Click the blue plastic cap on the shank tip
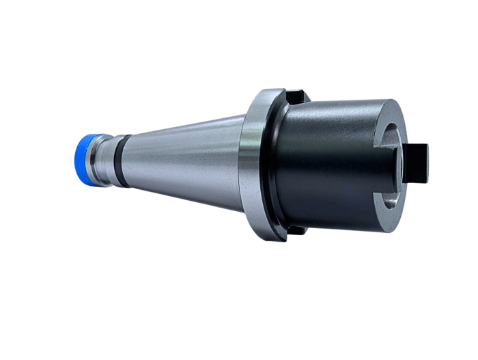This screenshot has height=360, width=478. pos(85,157)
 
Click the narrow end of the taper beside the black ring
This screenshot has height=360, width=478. pos(137,161)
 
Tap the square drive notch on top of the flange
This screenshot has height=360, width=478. pos(296,96)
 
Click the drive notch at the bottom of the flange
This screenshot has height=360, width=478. pos(295,230)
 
